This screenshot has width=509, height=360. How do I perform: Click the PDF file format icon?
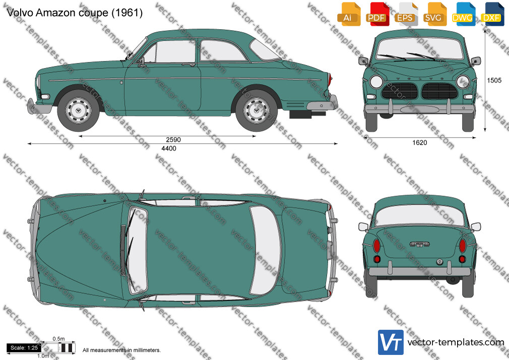pyautogui.click(x=376, y=14)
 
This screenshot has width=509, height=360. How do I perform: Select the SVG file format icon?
pyautogui.click(x=433, y=14)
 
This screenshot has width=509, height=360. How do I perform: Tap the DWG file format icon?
pyautogui.click(x=462, y=14)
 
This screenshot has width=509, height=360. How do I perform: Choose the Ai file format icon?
pyautogui.click(x=348, y=14)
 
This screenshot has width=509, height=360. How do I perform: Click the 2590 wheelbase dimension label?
pyautogui.click(x=173, y=140)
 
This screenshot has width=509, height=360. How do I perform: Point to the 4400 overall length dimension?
pyautogui.click(x=169, y=148)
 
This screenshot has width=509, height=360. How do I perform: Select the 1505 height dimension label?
pyautogui.click(x=494, y=80)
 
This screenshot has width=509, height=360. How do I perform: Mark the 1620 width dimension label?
pyautogui.click(x=419, y=143)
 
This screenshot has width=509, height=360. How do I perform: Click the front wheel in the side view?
pyautogui.click(x=78, y=110)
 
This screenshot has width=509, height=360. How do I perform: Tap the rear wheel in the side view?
pyautogui.click(x=257, y=110)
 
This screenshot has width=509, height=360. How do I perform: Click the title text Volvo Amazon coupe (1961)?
pyautogui.click(x=75, y=13)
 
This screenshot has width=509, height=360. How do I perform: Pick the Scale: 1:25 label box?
pyautogui.click(x=24, y=348)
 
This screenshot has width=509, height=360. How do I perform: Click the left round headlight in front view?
pyautogui.click(x=376, y=82)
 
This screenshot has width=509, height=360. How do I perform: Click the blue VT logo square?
pyautogui.click(x=391, y=342)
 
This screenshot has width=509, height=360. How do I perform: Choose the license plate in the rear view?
pyautogui.click(x=419, y=245)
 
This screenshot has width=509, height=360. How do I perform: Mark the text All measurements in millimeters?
pyautogui.click(x=121, y=350)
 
